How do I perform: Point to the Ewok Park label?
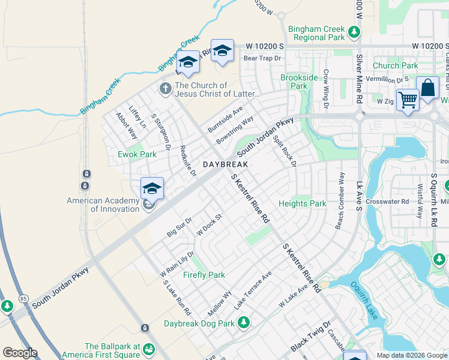coord(137,154)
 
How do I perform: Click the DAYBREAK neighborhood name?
coord(225,164)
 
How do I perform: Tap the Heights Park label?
coord(302,204)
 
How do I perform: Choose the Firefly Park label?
coord(204,275)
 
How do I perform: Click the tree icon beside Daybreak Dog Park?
coord(244,323)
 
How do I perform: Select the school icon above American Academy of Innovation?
coord(152,188)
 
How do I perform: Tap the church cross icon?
coord(165,89)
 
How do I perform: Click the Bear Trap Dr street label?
coord(262,58)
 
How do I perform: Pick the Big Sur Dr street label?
coord(179,227)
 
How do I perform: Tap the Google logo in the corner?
coord(20,353)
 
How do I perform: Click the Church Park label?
coord(395,65)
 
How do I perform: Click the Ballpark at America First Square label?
coord(112,351)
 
